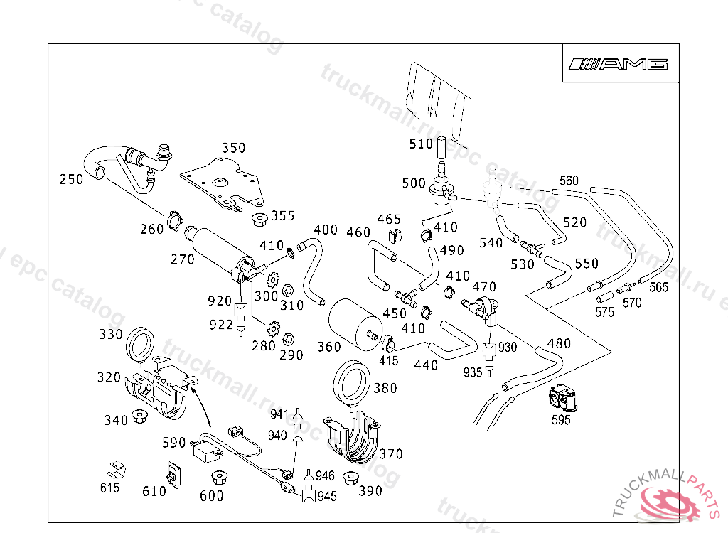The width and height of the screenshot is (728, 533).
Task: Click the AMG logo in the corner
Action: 618,64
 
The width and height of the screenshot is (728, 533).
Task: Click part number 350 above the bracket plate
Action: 233,149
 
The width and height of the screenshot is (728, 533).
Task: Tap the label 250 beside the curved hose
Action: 71,180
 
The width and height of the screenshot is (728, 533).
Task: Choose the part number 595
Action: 562,420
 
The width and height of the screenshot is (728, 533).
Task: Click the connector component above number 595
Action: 564,397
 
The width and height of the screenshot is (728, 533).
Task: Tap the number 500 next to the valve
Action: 413,183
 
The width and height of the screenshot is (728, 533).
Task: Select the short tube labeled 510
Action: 440,148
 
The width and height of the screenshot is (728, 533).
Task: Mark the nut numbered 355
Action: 259,218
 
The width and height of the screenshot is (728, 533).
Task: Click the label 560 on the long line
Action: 569,181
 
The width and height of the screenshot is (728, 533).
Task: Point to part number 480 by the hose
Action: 559,344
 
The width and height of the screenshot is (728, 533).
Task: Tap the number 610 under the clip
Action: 154,491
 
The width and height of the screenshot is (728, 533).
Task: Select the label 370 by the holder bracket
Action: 390,454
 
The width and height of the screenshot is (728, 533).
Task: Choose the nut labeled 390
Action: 350,478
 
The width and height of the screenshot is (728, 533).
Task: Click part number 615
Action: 109,488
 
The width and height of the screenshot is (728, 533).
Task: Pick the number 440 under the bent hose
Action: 425,365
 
